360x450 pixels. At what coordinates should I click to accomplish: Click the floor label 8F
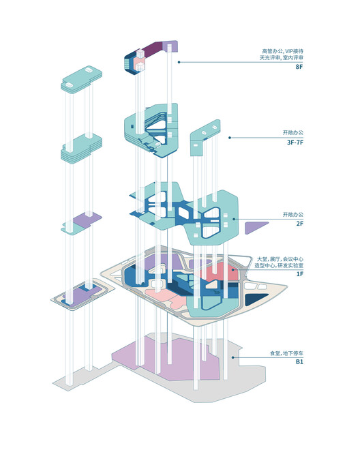[x=299, y=67]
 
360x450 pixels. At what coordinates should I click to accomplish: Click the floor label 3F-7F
[x=295, y=142]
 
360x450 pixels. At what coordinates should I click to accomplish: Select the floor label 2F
[x=299, y=224]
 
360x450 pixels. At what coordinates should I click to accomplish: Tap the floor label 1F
[x=300, y=274]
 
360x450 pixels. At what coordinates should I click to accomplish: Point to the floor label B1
[x=299, y=362]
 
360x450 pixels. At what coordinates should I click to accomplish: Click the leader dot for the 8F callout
[x=179, y=62]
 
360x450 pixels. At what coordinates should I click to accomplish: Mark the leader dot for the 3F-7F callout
[x=229, y=138]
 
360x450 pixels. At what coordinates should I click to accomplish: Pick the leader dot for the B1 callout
[x=232, y=357]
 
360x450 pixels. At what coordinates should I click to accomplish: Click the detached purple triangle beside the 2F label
[x=254, y=227]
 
